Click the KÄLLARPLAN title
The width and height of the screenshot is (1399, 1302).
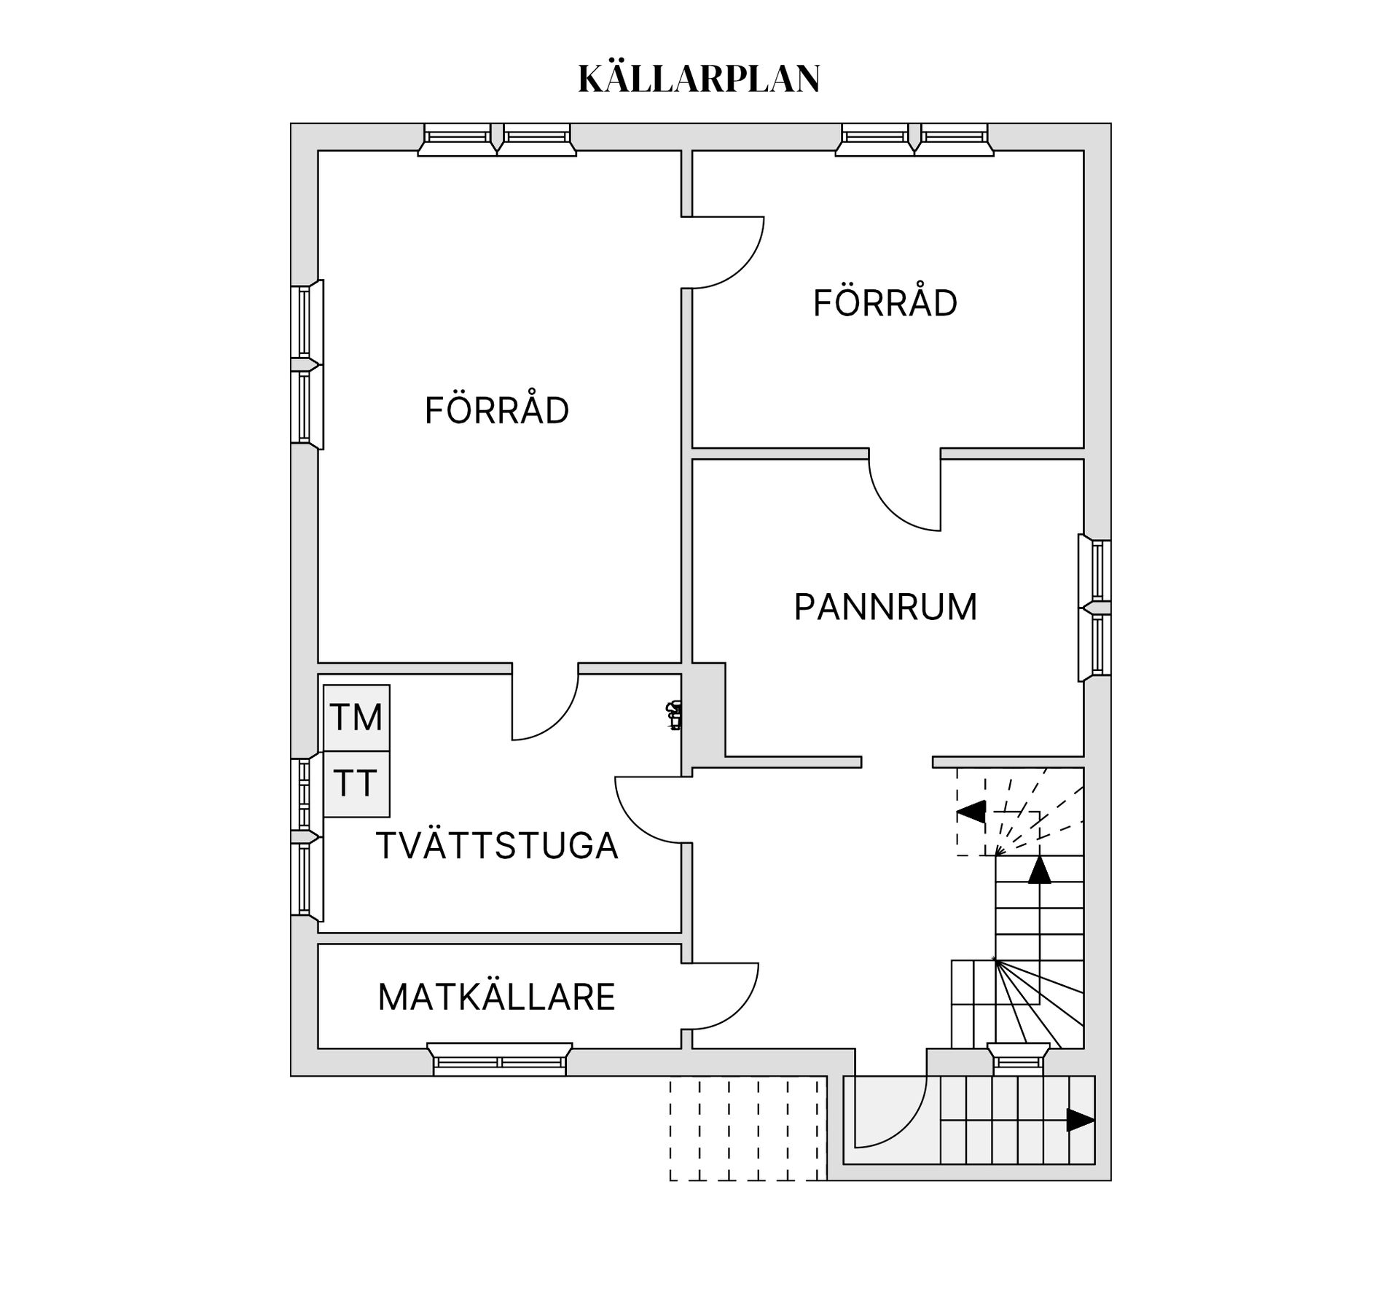coord(699,79)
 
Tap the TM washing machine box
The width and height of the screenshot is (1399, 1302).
coord(356,717)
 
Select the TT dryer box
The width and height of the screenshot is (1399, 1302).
coord(356,784)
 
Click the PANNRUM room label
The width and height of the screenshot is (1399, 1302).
coord(885,607)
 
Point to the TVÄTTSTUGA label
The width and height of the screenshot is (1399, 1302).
coord(497,846)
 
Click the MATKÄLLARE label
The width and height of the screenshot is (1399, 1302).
coord(496,997)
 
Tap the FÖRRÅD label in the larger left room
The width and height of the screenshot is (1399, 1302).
coord(496,410)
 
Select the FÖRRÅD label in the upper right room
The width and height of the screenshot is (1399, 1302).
coord(885,303)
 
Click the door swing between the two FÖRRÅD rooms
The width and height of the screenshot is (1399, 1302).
coord(725,252)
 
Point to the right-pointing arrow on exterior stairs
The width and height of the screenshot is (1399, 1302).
coord(1079,1120)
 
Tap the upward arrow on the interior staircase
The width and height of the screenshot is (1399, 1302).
coord(1040,870)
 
